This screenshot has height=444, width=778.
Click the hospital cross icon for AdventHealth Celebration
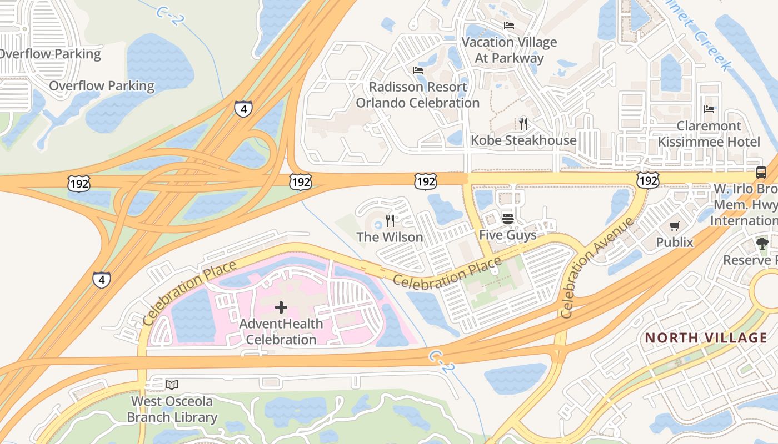[281, 307]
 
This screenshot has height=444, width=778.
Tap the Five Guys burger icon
[507, 219]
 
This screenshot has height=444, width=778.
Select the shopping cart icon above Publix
[674, 226]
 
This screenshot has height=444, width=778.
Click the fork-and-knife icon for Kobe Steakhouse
[523, 123]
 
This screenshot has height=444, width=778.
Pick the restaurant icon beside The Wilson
[390, 221]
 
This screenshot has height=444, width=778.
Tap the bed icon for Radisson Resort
[418, 70]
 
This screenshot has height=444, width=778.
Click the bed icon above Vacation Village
[508, 25]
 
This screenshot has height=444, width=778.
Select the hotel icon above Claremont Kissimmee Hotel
[709, 109]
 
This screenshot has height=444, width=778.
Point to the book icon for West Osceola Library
[172, 385]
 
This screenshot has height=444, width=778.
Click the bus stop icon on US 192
[761, 172]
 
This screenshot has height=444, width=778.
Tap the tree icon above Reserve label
[762, 243]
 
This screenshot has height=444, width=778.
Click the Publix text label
[675, 242]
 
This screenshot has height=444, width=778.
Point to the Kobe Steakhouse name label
[523, 140]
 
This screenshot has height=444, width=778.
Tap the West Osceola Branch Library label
[172, 409]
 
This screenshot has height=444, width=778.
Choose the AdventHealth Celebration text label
[281, 331]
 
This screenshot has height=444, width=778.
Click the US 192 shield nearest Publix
[648, 179]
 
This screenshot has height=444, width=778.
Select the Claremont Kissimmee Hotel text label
[709, 134]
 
